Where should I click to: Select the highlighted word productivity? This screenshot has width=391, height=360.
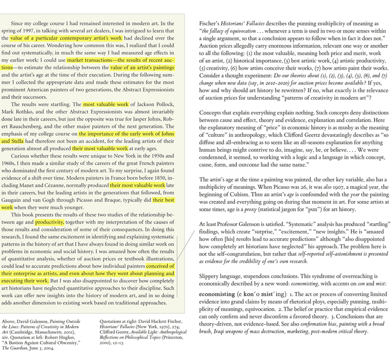click(x=49, y=221)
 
